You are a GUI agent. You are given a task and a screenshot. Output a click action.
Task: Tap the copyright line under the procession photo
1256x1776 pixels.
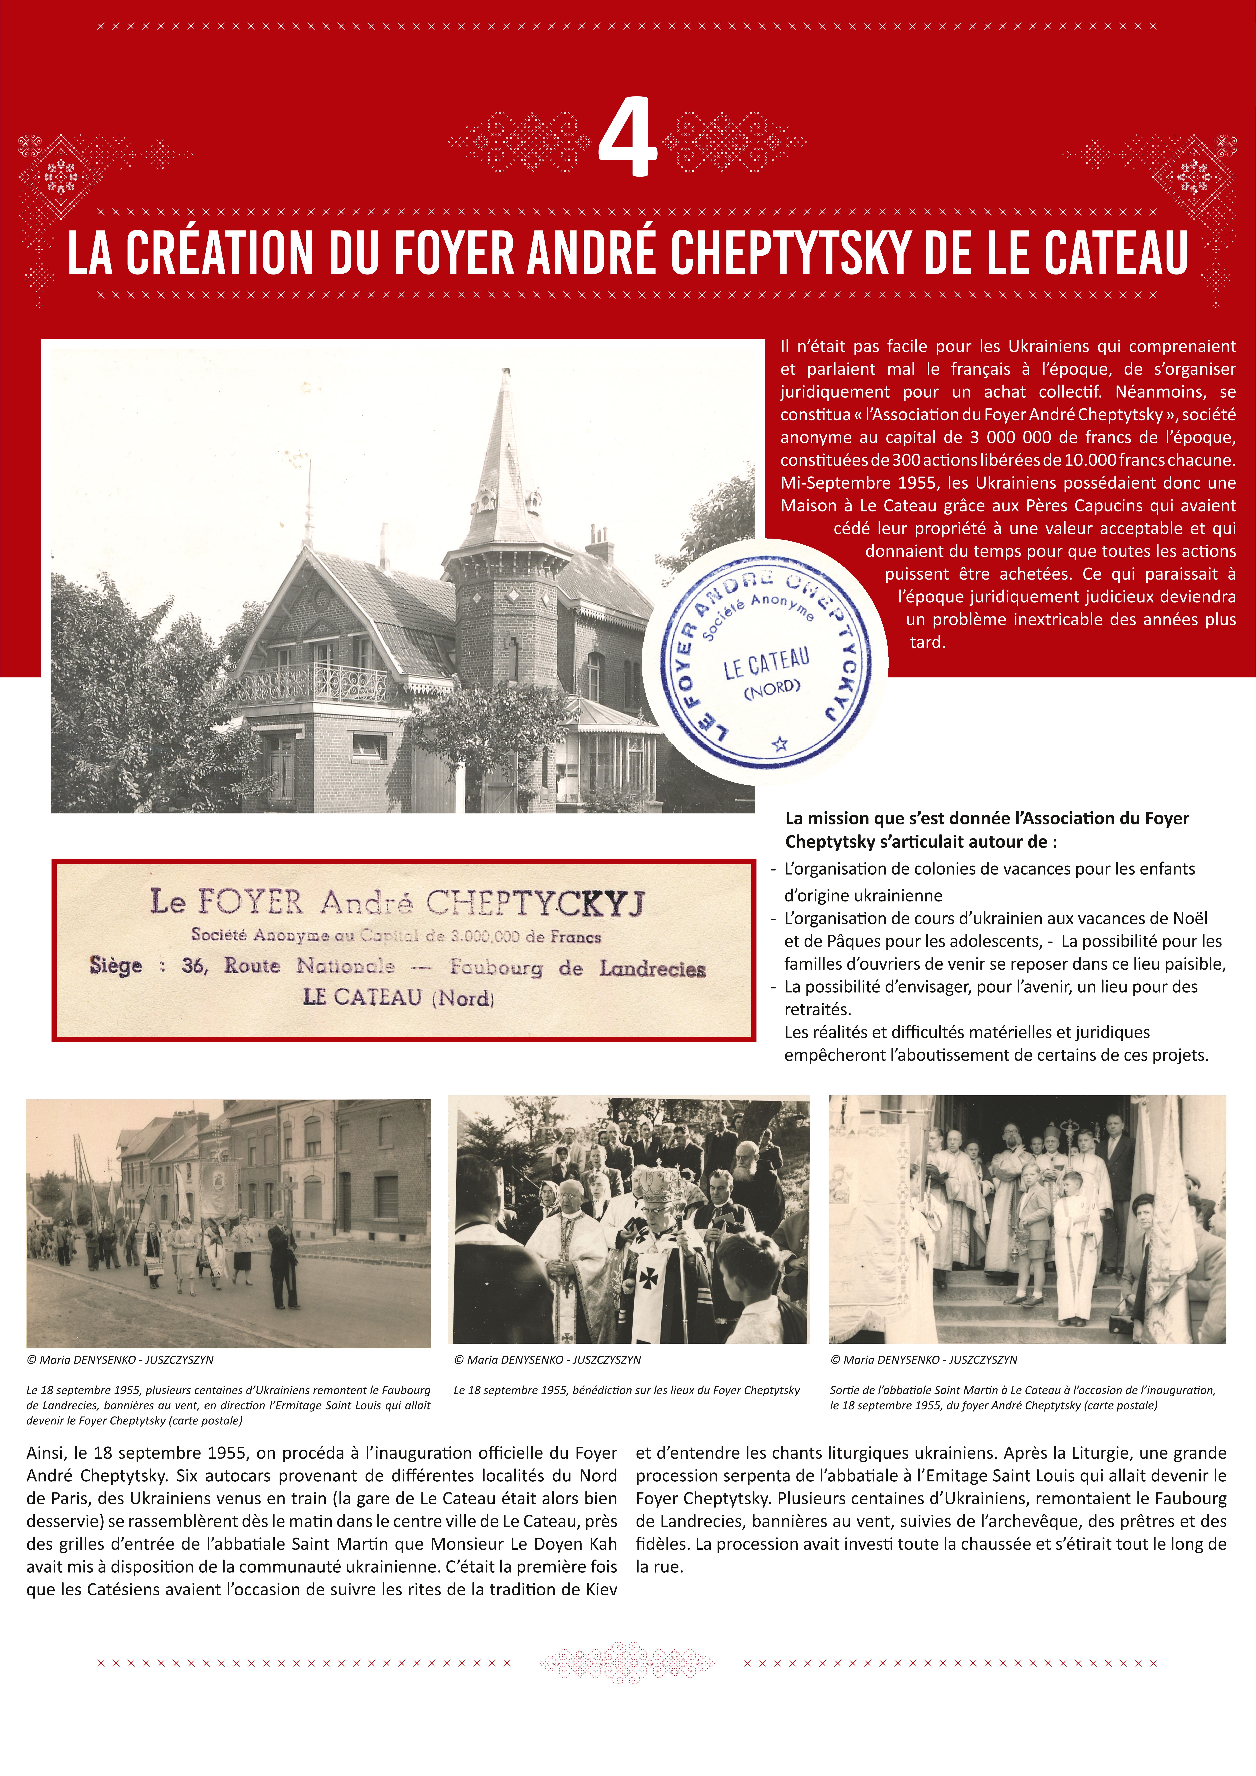click(120, 1360)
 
